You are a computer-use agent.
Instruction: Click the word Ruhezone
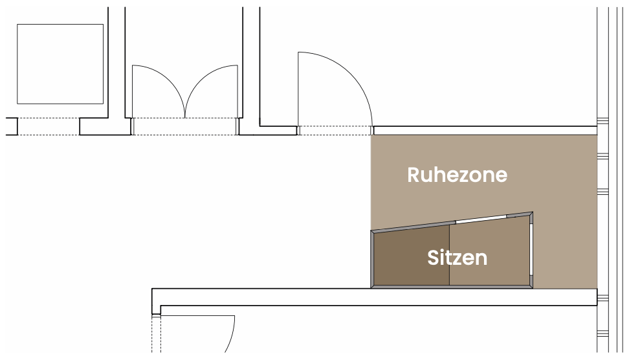coord(457,175)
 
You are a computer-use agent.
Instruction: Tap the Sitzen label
coord(457,258)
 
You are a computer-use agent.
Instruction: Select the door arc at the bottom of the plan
coord(231,337)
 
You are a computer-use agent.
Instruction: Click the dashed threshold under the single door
coord(335,131)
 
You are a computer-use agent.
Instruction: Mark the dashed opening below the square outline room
coord(49,126)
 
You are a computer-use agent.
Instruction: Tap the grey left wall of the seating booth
coord(372,259)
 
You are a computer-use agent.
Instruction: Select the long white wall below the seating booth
coord(375,297)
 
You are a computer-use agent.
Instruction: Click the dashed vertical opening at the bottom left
coord(156,334)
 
